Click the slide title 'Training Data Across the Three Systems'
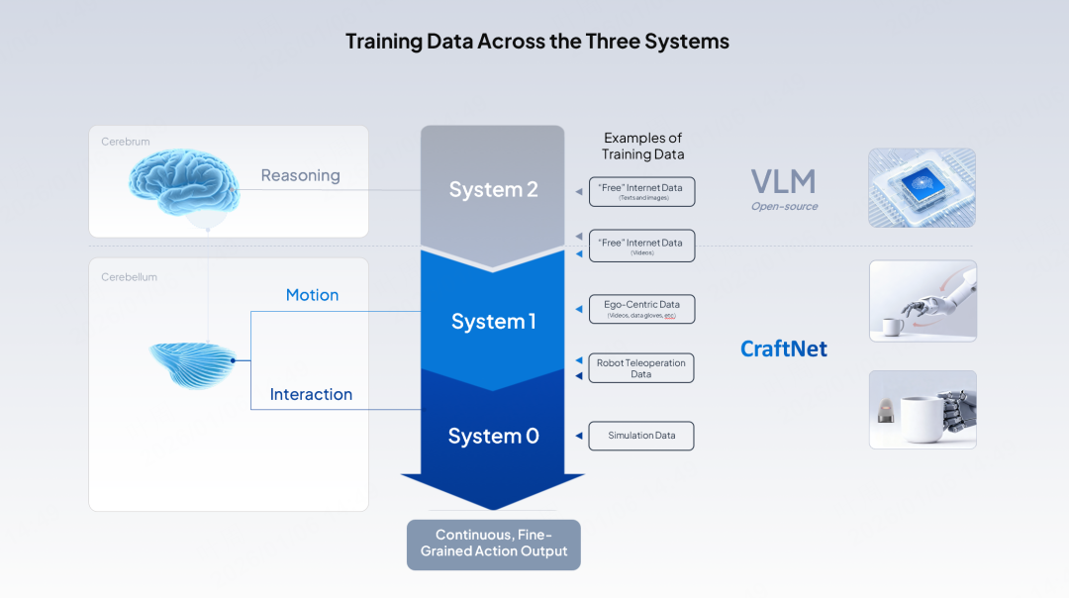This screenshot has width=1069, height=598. click(x=536, y=42)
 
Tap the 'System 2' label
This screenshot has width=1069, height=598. click(x=493, y=189)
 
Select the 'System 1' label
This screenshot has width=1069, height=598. click(x=493, y=321)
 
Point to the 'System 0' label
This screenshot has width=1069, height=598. click(x=493, y=436)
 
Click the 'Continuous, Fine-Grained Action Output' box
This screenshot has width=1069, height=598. click(x=493, y=544)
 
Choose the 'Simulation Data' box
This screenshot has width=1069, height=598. click(x=641, y=436)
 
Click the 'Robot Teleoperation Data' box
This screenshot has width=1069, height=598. click(x=641, y=368)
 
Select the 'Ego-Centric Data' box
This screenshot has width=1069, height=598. click(x=641, y=309)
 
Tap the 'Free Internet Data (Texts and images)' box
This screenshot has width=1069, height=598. click(x=641, y=191)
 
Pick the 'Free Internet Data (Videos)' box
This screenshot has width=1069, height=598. click(x=641, y=246)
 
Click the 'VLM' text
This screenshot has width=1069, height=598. click(x=783, y=182)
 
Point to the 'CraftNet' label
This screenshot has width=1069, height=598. click(x=783, y=349)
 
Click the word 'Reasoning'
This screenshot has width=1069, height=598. click(x=300, y=175)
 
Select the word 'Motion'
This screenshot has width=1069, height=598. click(x=312, y=295)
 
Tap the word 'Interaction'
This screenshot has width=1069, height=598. click(x=311, y=394)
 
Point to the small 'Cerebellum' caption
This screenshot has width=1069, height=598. click(x=129, y=277)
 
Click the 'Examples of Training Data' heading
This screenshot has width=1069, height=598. click(x=642, y=146)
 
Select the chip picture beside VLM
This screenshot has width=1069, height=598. click(x=922, y=187)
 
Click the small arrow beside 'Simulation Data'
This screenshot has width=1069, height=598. click(x=577, y=437)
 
